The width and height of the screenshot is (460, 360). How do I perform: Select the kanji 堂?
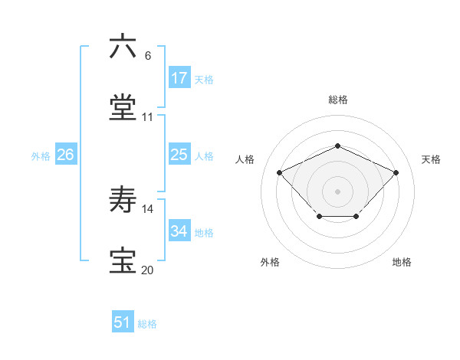pos(123,107)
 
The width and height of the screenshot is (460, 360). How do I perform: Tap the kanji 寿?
pos(123,201)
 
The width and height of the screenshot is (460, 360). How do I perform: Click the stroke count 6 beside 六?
pos(148,56)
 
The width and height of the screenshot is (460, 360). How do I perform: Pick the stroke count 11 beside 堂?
pos(148,117)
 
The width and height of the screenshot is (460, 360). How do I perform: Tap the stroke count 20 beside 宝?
pos(148,270)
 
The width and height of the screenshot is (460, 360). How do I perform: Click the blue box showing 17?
pos(179,78)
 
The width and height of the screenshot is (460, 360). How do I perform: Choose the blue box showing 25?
pos(179,155)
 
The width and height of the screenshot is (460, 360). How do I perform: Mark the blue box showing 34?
pos(179,231)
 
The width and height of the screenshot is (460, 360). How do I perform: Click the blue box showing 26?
pos(66,155)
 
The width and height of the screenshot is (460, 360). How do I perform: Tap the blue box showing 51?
pos(123,323)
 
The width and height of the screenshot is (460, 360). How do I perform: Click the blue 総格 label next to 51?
pos(147,324)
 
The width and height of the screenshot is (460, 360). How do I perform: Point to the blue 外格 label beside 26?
pos(41,155)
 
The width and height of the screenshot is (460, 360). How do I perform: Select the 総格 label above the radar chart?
pos(338,100)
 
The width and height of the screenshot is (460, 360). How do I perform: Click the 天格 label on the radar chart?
pos(431,159)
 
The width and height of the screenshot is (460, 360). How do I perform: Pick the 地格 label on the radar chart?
pos(402,262)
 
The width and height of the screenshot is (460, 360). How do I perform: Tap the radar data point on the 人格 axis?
pos(280,172)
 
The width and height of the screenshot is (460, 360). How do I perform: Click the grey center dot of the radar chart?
pos(338,191)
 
